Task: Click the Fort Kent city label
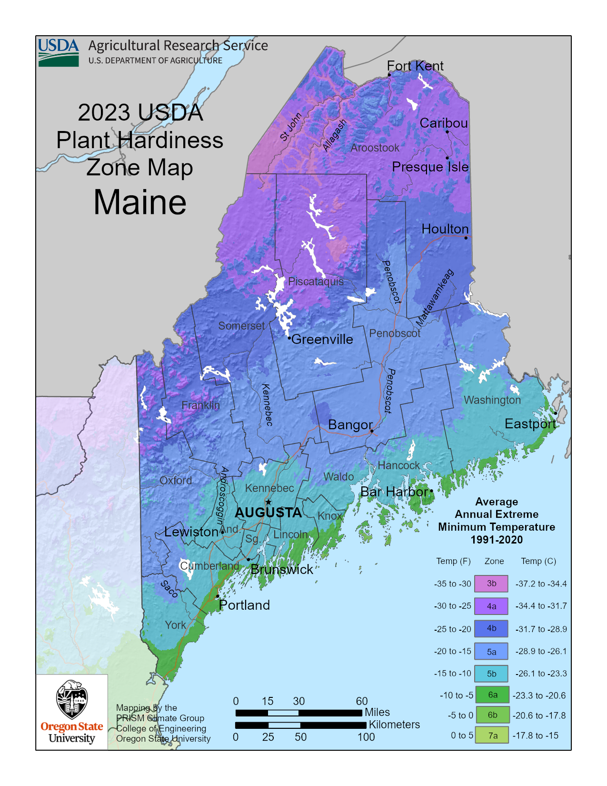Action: click(x=415, y=66)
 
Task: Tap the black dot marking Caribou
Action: click(x=447, y=132)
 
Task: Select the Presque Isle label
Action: click(x=430, y=167)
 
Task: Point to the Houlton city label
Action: click(x=445, y=229)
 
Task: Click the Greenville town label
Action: click(x=322, y=340)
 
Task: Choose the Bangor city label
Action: click(x=350, y=424)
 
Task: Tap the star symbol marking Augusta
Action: click(x=269, y=502)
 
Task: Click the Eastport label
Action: click(x=530, y=424)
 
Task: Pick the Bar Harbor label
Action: click(x=394, y=492)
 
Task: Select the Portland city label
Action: click(x=244, y=605)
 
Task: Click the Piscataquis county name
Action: click(x=316, y=282)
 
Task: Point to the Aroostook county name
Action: click(x=375, y=148)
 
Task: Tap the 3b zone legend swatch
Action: click(x=491, y=584)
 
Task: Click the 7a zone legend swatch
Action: click(x=492, y=736)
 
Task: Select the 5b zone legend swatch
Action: click(x=491, y=674)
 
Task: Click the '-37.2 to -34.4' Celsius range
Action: click(x=541, y=584)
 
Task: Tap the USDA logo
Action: click(x=59, y=52)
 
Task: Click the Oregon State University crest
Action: click(x=71, y=700)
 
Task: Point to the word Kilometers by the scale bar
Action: click(x=394, y=725)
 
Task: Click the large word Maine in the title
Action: click(x=140, y=202)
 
